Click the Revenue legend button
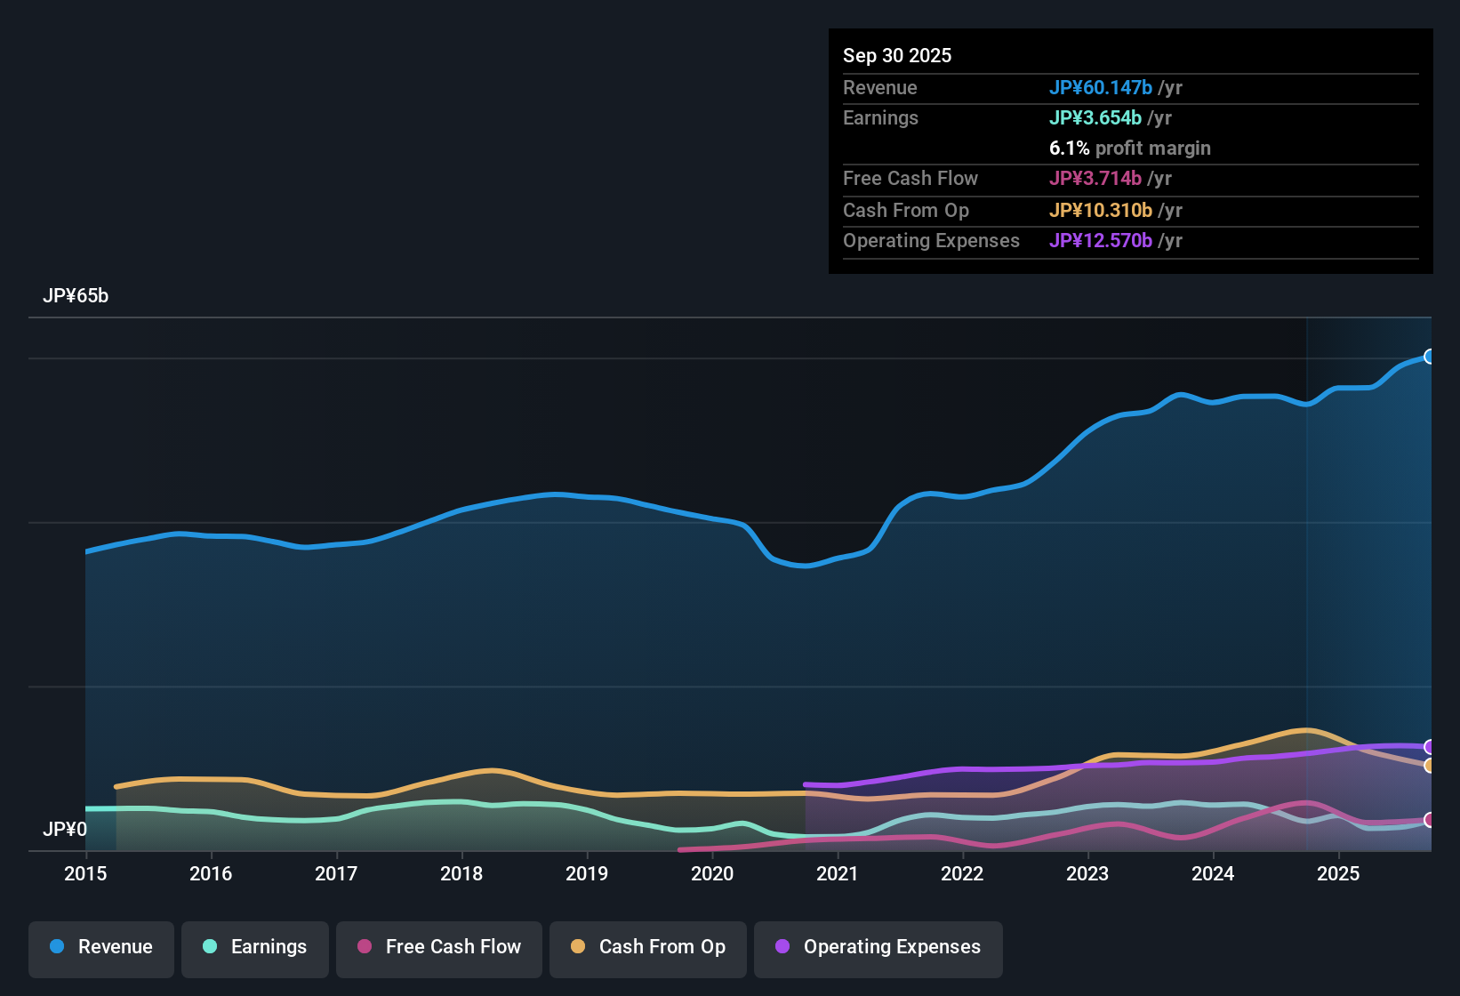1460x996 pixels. point(101,948)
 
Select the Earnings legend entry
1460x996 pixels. point(255,948)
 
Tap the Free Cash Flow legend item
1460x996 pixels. point(439,948)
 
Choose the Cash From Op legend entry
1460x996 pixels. point(648,948)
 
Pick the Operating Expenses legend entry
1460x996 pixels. point(878,948)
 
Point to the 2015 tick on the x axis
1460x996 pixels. point(85,873)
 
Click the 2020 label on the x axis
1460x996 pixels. point(712,873)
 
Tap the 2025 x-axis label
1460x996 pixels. point(1338,873)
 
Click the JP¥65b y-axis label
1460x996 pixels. point(76,296)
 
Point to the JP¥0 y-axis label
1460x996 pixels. point(65,830)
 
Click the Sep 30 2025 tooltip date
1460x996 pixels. point(897,55)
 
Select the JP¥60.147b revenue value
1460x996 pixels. point(1101,87)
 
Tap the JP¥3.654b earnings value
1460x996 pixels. point(1095,117)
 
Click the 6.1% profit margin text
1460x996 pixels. point(1129,148)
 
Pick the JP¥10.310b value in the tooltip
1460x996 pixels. point(1101,210)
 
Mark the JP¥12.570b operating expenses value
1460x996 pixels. point(1101,240)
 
